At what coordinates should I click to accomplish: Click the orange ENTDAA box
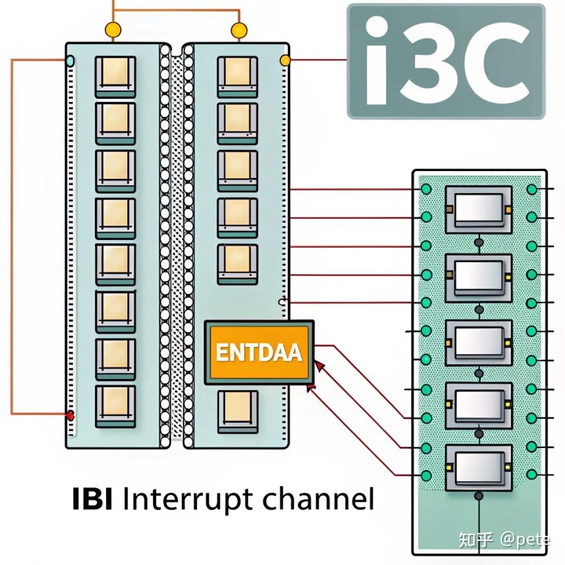[259, 352]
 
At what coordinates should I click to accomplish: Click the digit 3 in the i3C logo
[427, 63]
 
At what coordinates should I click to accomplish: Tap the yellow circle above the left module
[113, 30]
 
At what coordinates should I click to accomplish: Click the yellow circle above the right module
[239, 30]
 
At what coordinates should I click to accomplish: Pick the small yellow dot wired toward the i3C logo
[284, 61]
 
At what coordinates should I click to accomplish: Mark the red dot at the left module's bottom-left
[70, 415]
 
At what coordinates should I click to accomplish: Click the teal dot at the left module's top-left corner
[70, 61]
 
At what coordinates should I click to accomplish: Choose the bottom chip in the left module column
[116, 406]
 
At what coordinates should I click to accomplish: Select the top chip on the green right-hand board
[479, 209]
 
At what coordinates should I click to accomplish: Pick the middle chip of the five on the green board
[479, 339]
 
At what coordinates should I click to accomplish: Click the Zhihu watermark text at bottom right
[504, 540]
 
